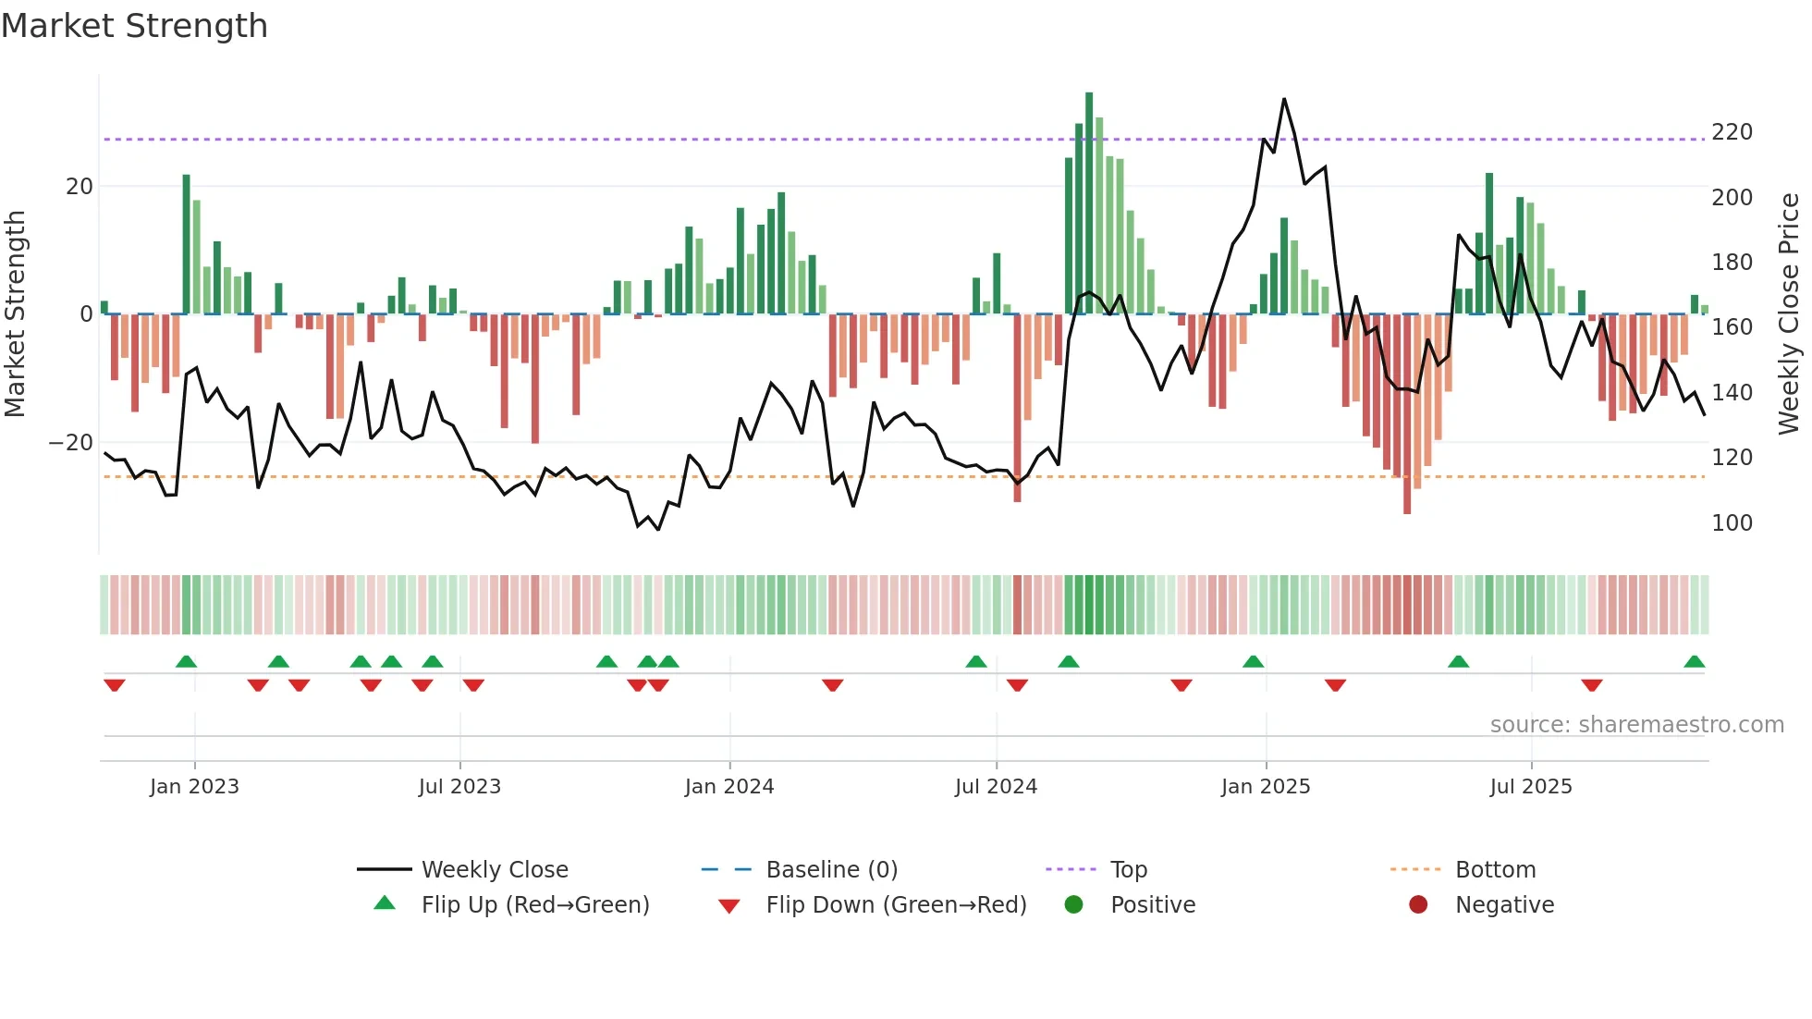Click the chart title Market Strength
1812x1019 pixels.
coord(134,26)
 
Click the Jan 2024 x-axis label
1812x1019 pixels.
coord(728,787)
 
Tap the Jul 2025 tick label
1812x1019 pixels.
coord(1530,787)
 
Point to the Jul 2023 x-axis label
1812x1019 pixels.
coord(459,787)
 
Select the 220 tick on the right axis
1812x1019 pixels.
coord(1732,132)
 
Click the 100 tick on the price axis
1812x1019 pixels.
coord(1732,523)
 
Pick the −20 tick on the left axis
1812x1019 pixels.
coord(71,443)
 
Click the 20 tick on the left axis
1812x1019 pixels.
coord(79,187)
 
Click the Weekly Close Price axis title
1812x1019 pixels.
coord(1789,314)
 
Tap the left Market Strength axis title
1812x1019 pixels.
coord(15,314)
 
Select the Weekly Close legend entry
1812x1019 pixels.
coord(494,870)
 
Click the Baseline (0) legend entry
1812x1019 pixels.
coord(831,870)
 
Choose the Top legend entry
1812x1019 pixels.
coord(1128,870)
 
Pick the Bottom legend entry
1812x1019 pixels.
coord(1495,870)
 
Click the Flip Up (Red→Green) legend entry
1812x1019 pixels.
coord(534,905)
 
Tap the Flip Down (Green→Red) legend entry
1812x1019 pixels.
coord(895,905)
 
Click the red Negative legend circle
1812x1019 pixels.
coord(1417,904)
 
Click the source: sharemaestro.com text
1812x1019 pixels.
coord(1636,725)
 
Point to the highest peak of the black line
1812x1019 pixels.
coord(1284,99)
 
